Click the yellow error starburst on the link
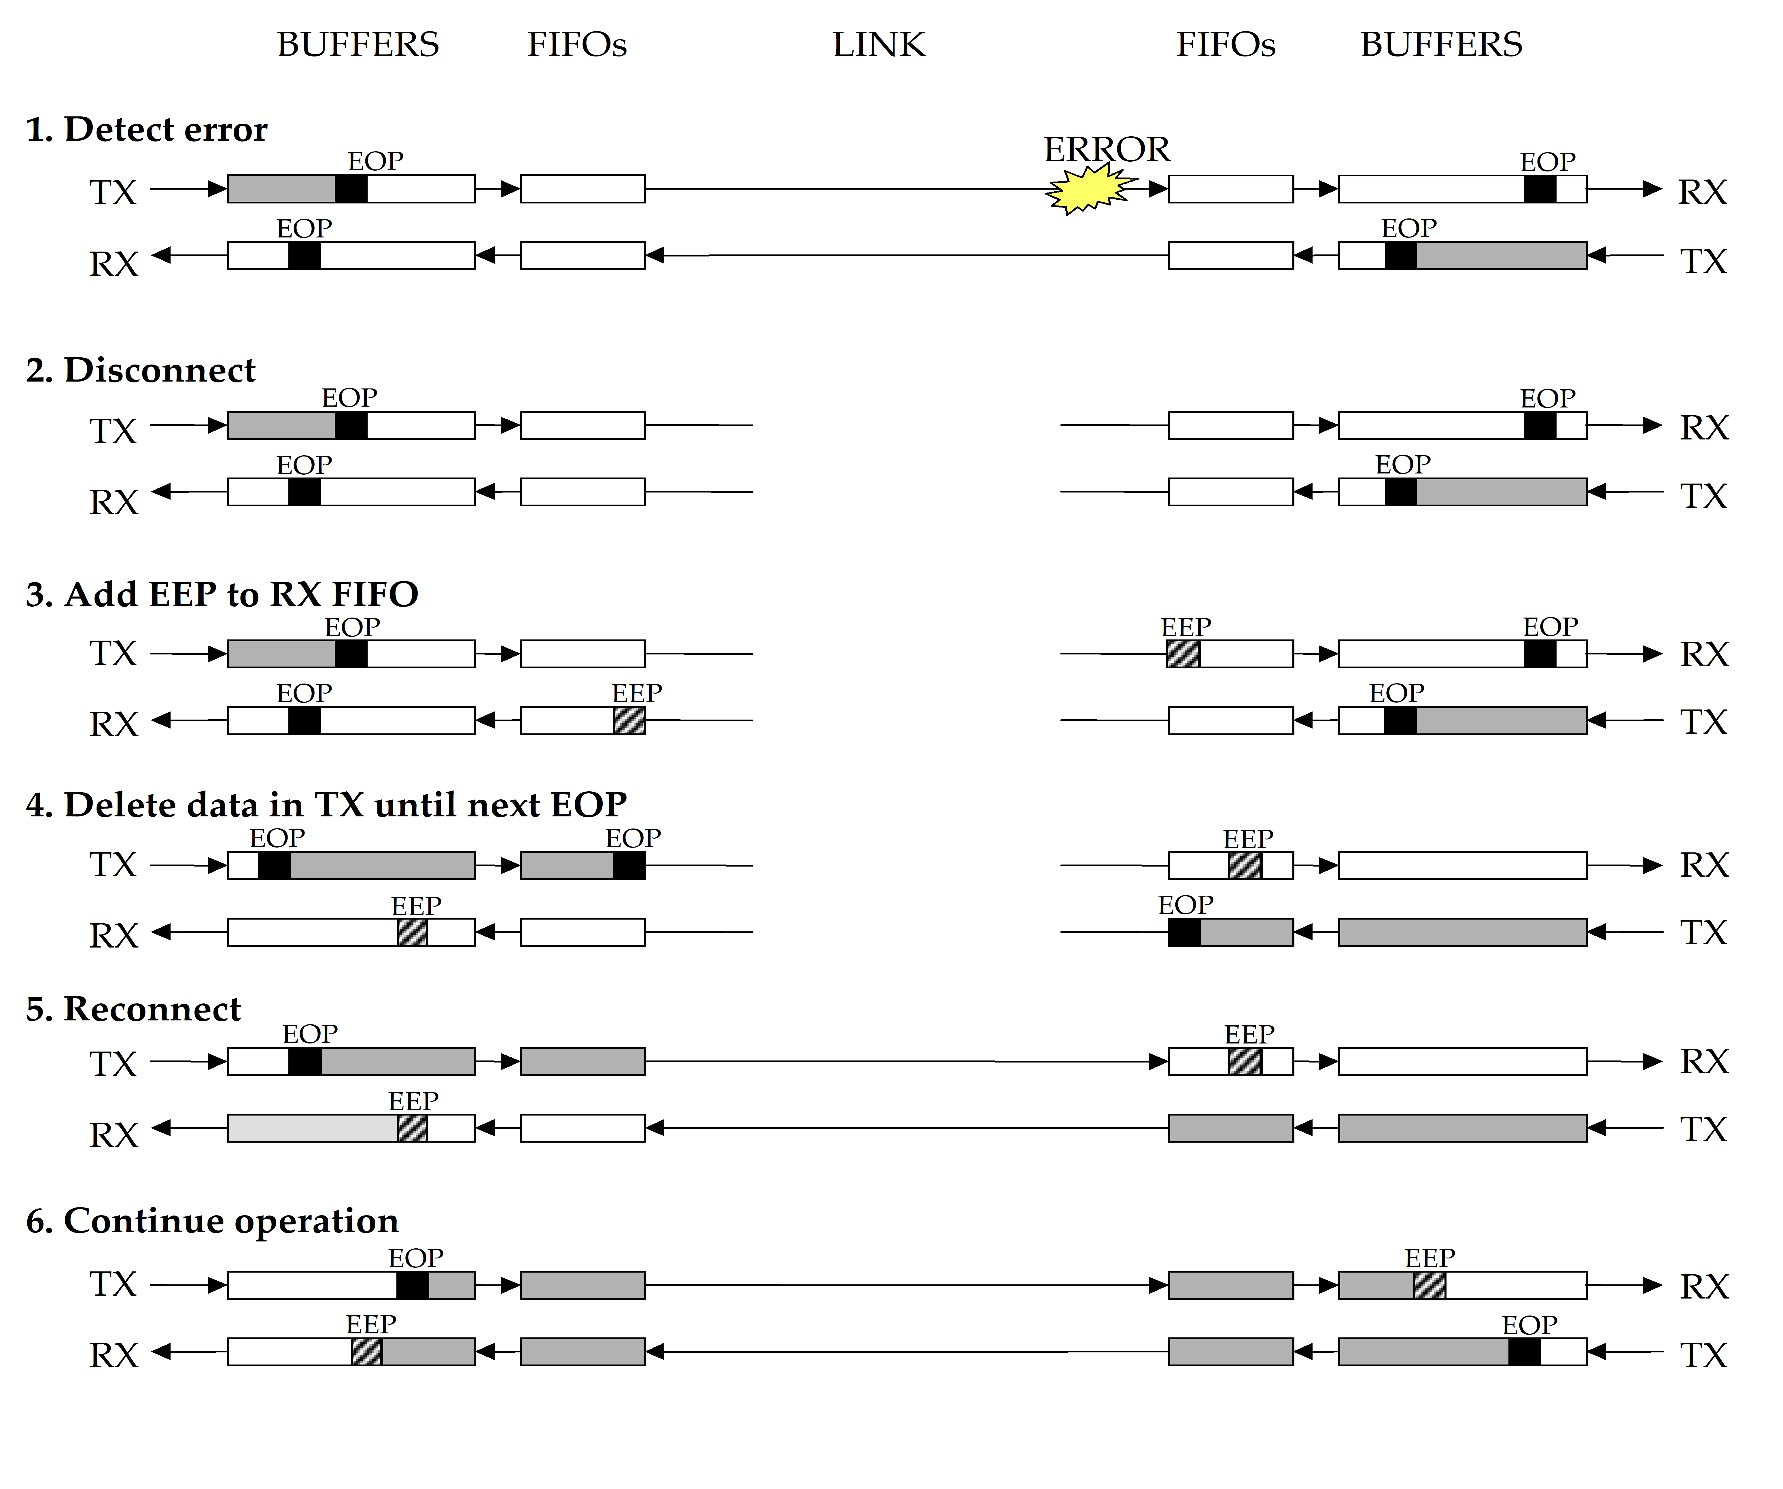pyautogui.click(x=1089, y=189)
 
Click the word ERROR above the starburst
pyautogui.click(x=1106, y=150)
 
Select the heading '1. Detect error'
pyautogui.click(x=146, y=129)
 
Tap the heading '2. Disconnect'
pyautogui.click(x=140, y=370)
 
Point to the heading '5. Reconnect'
pyautogui.click(x=133, y=1009)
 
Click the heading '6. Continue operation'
pyautogui.click(x=212, y=1221)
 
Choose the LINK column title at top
pyautogui.click(x=879, y=44)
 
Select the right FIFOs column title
pyautogui.click(x=1225, y=44)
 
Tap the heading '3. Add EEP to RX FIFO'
pyautogui.click(x=222, y=595)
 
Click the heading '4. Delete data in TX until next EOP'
pyautogui.click(x=326, y=804)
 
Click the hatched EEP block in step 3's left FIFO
pyautogui.click(x=629, y=720)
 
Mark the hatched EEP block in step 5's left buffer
pyautogui.click(x=413, y=1128)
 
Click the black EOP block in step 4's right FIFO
pyautogui.click(x=1184, y=932)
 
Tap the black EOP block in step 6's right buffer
pyautogui.click(x=1524, y=1352)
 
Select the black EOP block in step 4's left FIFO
pyautogui.click(x=629, y=866)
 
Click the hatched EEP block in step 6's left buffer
pyautogui.click(x=367, y=1352)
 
